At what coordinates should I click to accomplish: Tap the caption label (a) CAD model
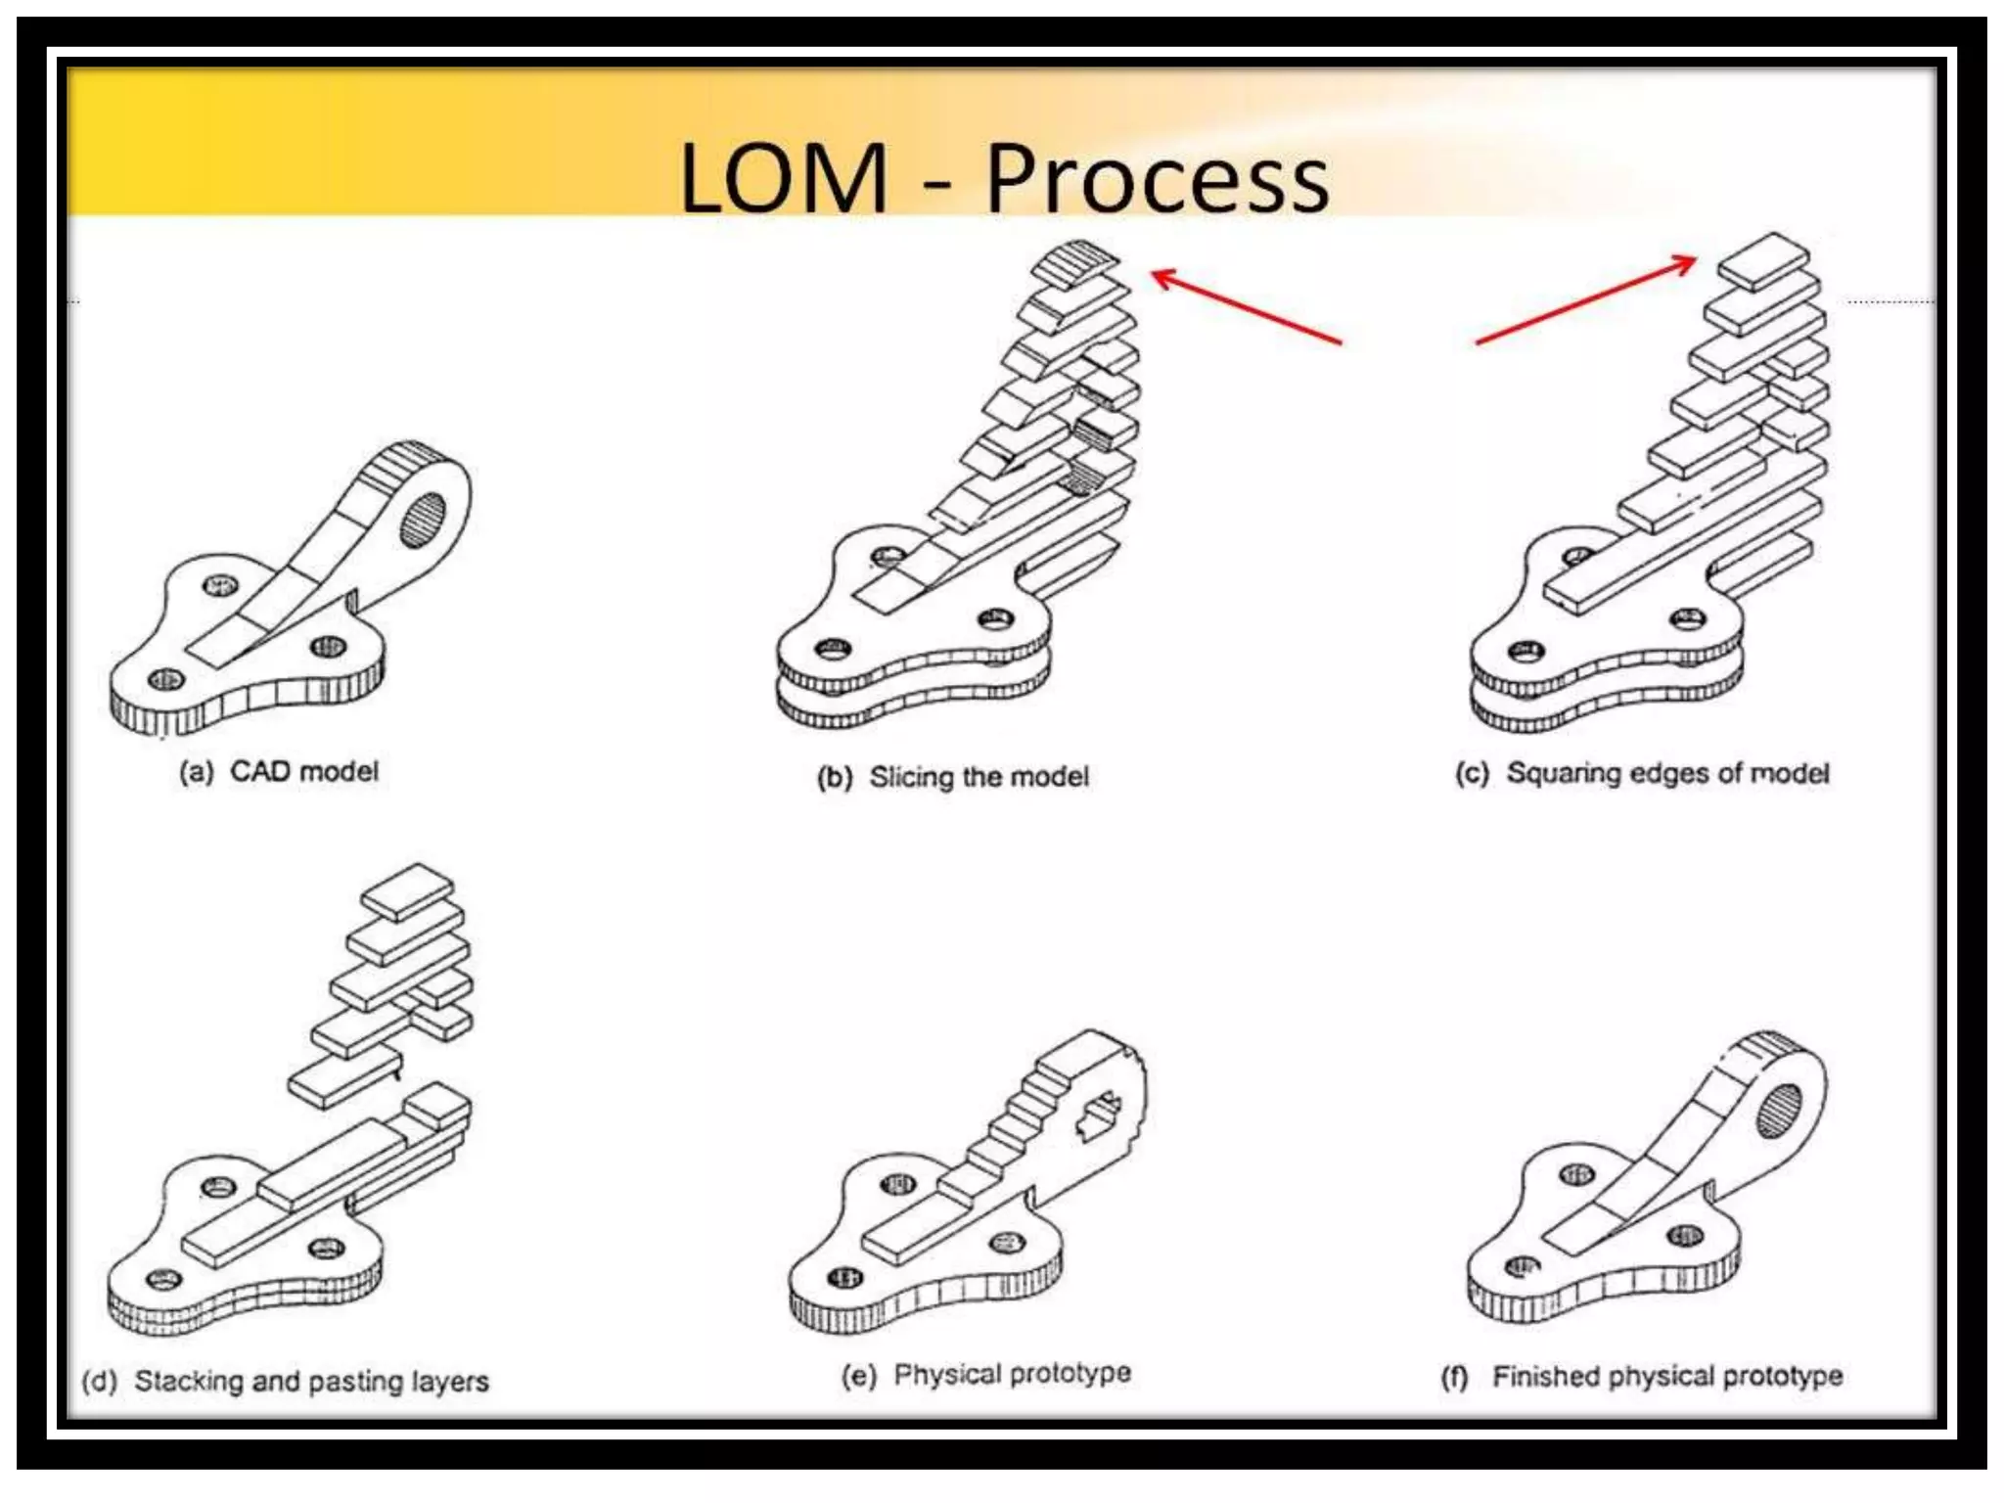point(279,771)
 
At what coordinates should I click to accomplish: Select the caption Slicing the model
point(979,777)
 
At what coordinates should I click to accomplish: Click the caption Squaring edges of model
point(1666,773)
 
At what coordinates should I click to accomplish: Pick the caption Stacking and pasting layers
point(311,1381)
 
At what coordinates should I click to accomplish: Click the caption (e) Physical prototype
point(985,1374)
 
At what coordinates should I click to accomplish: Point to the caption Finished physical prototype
point(1666,1377)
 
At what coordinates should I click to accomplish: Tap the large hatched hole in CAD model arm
point(423,520)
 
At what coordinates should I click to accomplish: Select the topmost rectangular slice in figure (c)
point(1763,259)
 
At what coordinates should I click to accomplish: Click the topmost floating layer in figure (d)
point(408,889)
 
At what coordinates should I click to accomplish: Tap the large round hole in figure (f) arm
point(1779,1111)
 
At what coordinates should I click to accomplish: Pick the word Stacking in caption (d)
point(188,1381)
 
